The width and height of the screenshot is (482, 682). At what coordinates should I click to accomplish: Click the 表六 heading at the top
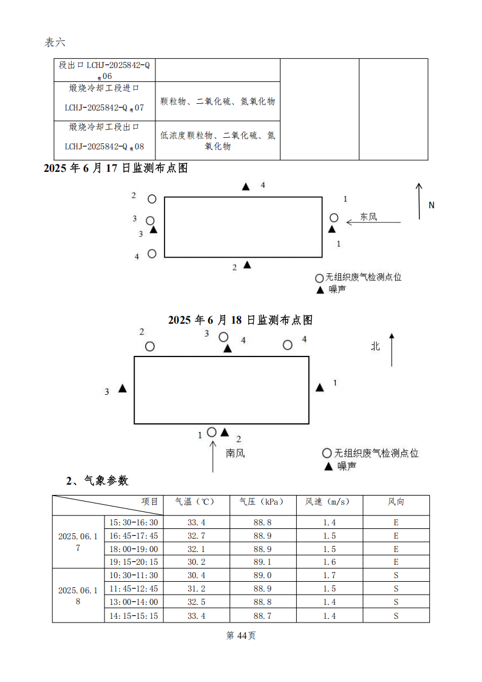[x=55, y=42]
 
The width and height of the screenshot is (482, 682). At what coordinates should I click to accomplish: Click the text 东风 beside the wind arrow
[x=368, y=216]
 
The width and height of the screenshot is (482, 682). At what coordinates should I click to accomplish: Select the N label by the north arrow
[x=432, y=205]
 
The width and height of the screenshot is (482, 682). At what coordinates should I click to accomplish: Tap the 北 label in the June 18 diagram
[x=376, y=346]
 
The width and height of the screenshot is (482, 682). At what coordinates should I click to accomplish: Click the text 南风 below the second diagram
[x=236, y=452]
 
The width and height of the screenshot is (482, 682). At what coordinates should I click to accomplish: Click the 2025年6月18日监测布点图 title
[x=240, y=319]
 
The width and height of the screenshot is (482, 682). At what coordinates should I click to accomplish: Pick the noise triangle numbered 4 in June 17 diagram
[x=246, y=187]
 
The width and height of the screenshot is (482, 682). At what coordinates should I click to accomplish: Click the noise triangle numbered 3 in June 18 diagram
[x=123, y=389]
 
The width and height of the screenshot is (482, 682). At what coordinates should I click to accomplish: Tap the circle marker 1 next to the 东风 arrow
[x=334, y=217]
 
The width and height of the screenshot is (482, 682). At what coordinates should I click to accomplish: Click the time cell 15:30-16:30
[x=134, y=522]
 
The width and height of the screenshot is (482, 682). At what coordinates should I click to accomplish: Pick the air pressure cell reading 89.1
[x=262, y=562]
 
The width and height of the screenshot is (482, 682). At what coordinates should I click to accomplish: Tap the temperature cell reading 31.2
[x=196, y=589]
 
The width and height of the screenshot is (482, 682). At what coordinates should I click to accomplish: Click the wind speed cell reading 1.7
[x=329, y=576]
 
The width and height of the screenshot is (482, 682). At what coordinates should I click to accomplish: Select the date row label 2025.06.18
[x=78, y=595]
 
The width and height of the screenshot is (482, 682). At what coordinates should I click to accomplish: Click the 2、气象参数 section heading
[x=97, y=481]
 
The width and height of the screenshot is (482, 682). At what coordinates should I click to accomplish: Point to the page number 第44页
[x=241, y=635]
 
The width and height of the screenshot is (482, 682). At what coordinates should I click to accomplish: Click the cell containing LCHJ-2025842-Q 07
[x=104, y=107]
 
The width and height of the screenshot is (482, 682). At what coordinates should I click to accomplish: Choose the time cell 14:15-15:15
[x=134, y=616]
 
